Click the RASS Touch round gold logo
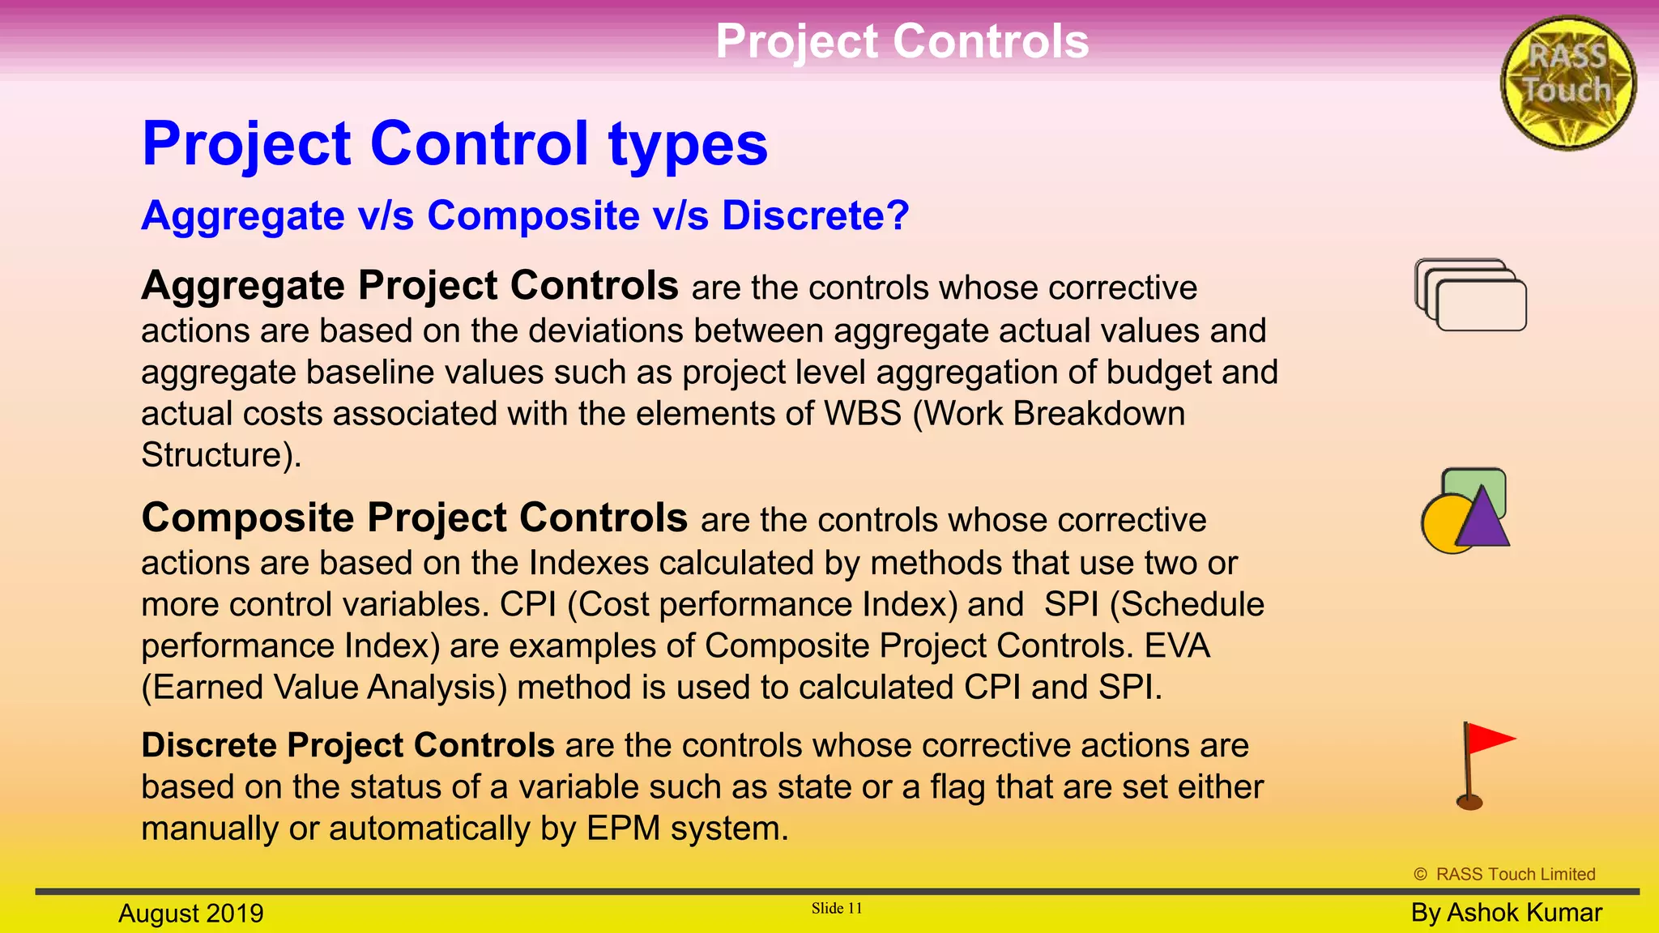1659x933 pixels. pyautogui.click(x=1568, y=83)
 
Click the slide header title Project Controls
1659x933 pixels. pyautogui.click(x=902, y=41)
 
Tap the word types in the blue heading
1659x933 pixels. pyautogui.click(x=688, y=144)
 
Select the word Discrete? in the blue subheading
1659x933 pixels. pyautogui.click(x=816, y=215)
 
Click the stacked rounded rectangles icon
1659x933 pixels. pyautogui.click(x=1470, y=295)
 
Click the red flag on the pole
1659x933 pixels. pyautogui.click(x=1489, y=739)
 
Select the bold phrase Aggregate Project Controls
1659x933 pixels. pyautogui.click(x=410, y=286)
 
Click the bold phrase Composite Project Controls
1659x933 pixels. pyautogui.click(x=414, y=518)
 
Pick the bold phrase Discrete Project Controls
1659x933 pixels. pyautogui.click(x=348, y=746)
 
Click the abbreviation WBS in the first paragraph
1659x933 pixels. pyautogui.click(x=863, y=414)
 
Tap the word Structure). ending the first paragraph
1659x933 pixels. pyautogui.click(x=221, y=455)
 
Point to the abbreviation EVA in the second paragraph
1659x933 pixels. pyautogui.click(x=1177, y=646)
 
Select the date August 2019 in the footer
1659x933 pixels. pyautogui.click(x=191, y=914)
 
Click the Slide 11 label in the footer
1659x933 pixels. pyautogui.click(x=837, y=909)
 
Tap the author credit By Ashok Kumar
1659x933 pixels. pyautogui.click(x=1506, y=913)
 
